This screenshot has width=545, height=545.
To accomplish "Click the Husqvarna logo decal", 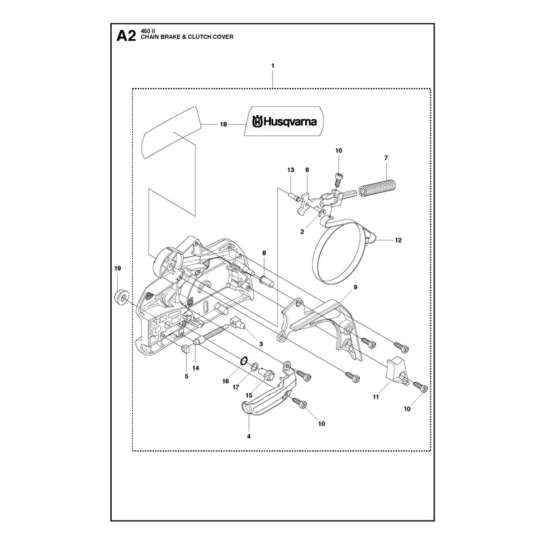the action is coord(284,121).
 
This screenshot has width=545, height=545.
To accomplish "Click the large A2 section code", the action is coord(126,36).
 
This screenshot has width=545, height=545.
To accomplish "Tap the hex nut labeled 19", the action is coord(121,298).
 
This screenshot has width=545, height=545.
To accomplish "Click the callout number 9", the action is coord(355,287).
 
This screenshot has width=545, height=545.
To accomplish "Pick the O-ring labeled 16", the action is coord(244,360).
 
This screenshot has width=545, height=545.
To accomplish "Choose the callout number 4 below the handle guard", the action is coord(249,437).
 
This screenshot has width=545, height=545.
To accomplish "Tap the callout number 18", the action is coord(223,124).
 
